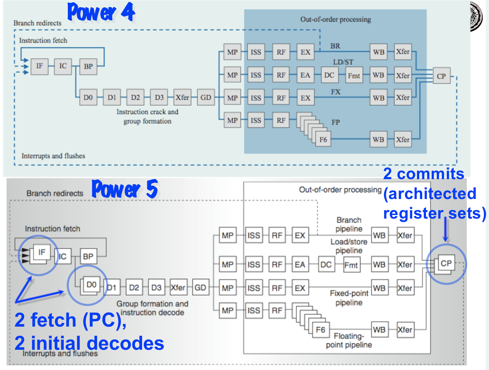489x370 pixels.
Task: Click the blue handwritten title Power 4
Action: pyautogui.click(x=101, y=12)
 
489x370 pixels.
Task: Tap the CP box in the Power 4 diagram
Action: pyautogui.click(x=441, y=76)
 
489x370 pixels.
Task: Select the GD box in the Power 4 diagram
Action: pyautogui.click(x=206, y=97)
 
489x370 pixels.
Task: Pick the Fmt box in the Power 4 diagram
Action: pyautogui.click(x=354, y=75)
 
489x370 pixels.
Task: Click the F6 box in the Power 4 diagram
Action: pyautogui.click(x=323, y=139)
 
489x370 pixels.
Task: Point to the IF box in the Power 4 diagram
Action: pyautogui.click(x=39, y=66)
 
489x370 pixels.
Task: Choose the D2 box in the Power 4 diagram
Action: pyautogui.click(x=135, y=97)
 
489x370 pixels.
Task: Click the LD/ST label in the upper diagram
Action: pyautogui.click(x=343, y=62)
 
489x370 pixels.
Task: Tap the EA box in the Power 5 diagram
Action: pyautogui.click(x=300, y=264)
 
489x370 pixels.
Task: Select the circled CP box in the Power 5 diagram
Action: pyautogui.click(x=446, y=263)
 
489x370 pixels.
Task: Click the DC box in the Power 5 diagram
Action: pyautogui.click(x=326, y=264)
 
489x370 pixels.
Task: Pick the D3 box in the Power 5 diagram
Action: pyautogui.click(x=156, y=287)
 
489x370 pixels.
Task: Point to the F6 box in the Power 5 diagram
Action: pyautogui.click(x=320, y=330)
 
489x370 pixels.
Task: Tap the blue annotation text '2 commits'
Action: pyautogui.click(x=423, y=174)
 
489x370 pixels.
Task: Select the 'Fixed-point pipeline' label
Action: pyautogui.click(x=349, y=298)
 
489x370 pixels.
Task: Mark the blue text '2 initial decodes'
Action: pyautogui.click(x=89, y=343)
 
